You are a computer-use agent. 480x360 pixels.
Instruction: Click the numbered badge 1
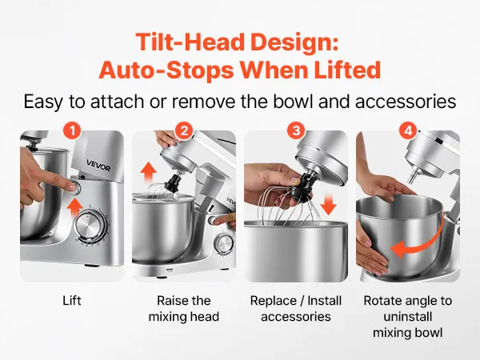point(72,131)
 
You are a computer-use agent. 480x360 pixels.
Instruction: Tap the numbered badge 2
point(184,131)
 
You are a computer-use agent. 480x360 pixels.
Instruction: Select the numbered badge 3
point(296,131)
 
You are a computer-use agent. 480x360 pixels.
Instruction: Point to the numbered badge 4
point(408,131)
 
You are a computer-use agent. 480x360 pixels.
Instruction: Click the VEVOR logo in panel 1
point(98,166)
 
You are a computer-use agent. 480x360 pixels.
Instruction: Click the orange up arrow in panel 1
point(74,207)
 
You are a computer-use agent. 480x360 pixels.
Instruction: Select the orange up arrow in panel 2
point(149,172)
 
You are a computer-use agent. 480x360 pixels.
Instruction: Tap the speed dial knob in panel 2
point(224,244)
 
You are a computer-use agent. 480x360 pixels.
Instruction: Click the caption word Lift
point(72,300)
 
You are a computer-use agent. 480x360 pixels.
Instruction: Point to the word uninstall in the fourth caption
point(408,317)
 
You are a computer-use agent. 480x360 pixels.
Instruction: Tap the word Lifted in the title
point(347,70)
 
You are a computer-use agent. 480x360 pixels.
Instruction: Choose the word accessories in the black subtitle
point(406,102)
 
